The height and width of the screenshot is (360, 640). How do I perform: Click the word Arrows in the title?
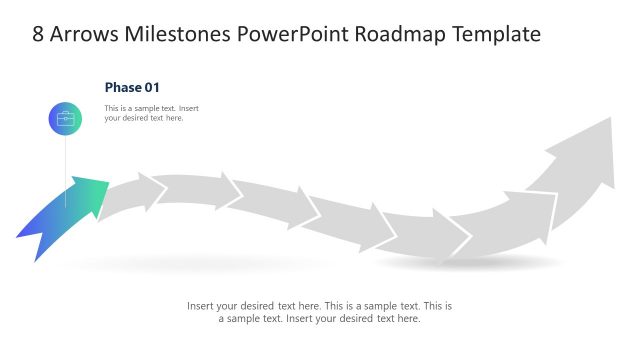(83, 34)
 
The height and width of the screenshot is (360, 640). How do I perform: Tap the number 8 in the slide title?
(39, 34)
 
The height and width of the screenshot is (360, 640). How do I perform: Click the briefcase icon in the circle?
(66, 118)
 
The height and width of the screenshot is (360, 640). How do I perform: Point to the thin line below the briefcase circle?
(66, 165)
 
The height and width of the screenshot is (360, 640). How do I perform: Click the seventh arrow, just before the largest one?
(510, 225)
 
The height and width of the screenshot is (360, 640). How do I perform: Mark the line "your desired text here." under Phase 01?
(144, 118)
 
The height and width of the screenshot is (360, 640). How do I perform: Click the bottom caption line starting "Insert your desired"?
(319, 306)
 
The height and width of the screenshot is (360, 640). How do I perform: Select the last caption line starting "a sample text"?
(319, 319)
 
